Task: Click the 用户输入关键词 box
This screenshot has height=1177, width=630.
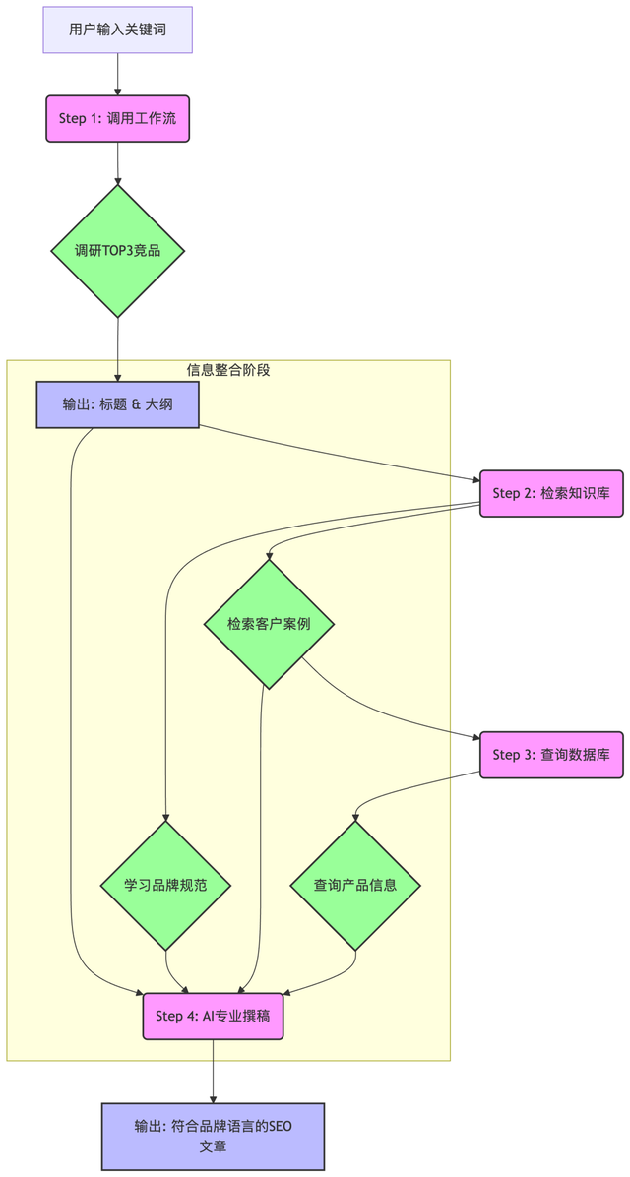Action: coord(117,30)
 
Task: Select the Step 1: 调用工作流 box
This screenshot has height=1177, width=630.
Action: coord(117,119)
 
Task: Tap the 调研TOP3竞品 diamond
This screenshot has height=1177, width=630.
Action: coord(118,251)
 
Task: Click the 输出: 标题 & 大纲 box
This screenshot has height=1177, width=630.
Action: coord(117,404)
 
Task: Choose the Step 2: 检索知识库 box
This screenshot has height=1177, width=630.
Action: coord(551,493)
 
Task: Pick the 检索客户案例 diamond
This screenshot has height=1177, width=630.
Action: coord(269,624)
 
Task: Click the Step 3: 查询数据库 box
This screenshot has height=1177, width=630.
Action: coord(551,755)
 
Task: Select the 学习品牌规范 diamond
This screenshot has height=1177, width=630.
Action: coord(165,885)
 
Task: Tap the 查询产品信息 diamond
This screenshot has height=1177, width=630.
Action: coord(355,885)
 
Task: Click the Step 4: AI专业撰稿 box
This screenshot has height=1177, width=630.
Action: coord(213,1017)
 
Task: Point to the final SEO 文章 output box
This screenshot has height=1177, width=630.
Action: coord(213,1136)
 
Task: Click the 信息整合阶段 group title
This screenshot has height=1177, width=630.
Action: coord(228,370)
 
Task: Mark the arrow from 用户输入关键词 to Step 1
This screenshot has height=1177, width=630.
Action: coord(117,74)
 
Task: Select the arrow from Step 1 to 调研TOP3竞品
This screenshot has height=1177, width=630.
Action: coord(118,163)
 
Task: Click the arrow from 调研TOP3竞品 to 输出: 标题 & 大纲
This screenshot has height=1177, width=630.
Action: coord(117,349)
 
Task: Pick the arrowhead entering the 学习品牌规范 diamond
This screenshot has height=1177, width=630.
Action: coord(165,816)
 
